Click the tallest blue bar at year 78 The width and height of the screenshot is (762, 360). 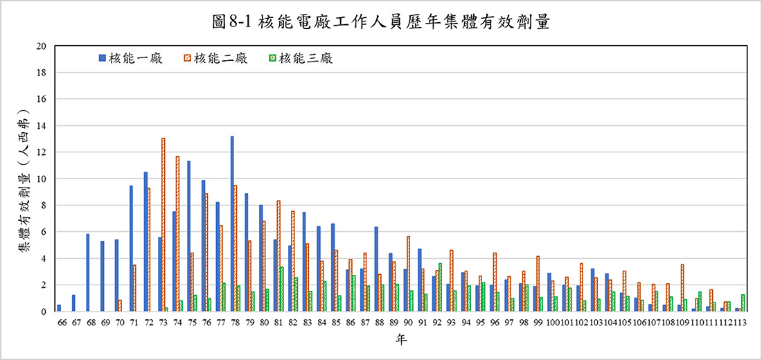232,224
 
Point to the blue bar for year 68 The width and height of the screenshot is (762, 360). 88,273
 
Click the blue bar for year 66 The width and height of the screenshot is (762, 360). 59,308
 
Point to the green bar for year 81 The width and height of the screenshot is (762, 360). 281,289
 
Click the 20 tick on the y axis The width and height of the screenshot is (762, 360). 41,46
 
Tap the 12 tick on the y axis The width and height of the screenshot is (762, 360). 41,152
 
